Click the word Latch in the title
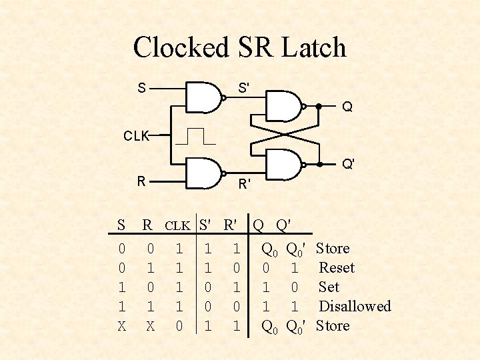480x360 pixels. pyautogui.click(x=313, y=47)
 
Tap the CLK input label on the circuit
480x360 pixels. pyautogui.click(x=136, y=136)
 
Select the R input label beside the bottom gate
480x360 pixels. pyautogui.click(x=141, y=181)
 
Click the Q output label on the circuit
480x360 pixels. pyautogui.click(x=347, y=107)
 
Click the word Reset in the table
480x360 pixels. pyautogui.click(x=337, y=268)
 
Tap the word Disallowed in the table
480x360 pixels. pyautogui.click(x=355, y=307)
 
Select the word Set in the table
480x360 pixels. pyautogui.click(x=329, y=287)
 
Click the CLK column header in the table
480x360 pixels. pyautogui.click(x=178, y=225)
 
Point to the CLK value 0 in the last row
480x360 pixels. pyautogui.click(x=178, y=326)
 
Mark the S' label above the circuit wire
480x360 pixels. pyautogui.click(x=245, y=87)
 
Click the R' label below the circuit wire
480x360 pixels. pyautogui.click(x=245, y=183)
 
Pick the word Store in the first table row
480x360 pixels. pyautogui.click(x=333, y=249)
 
